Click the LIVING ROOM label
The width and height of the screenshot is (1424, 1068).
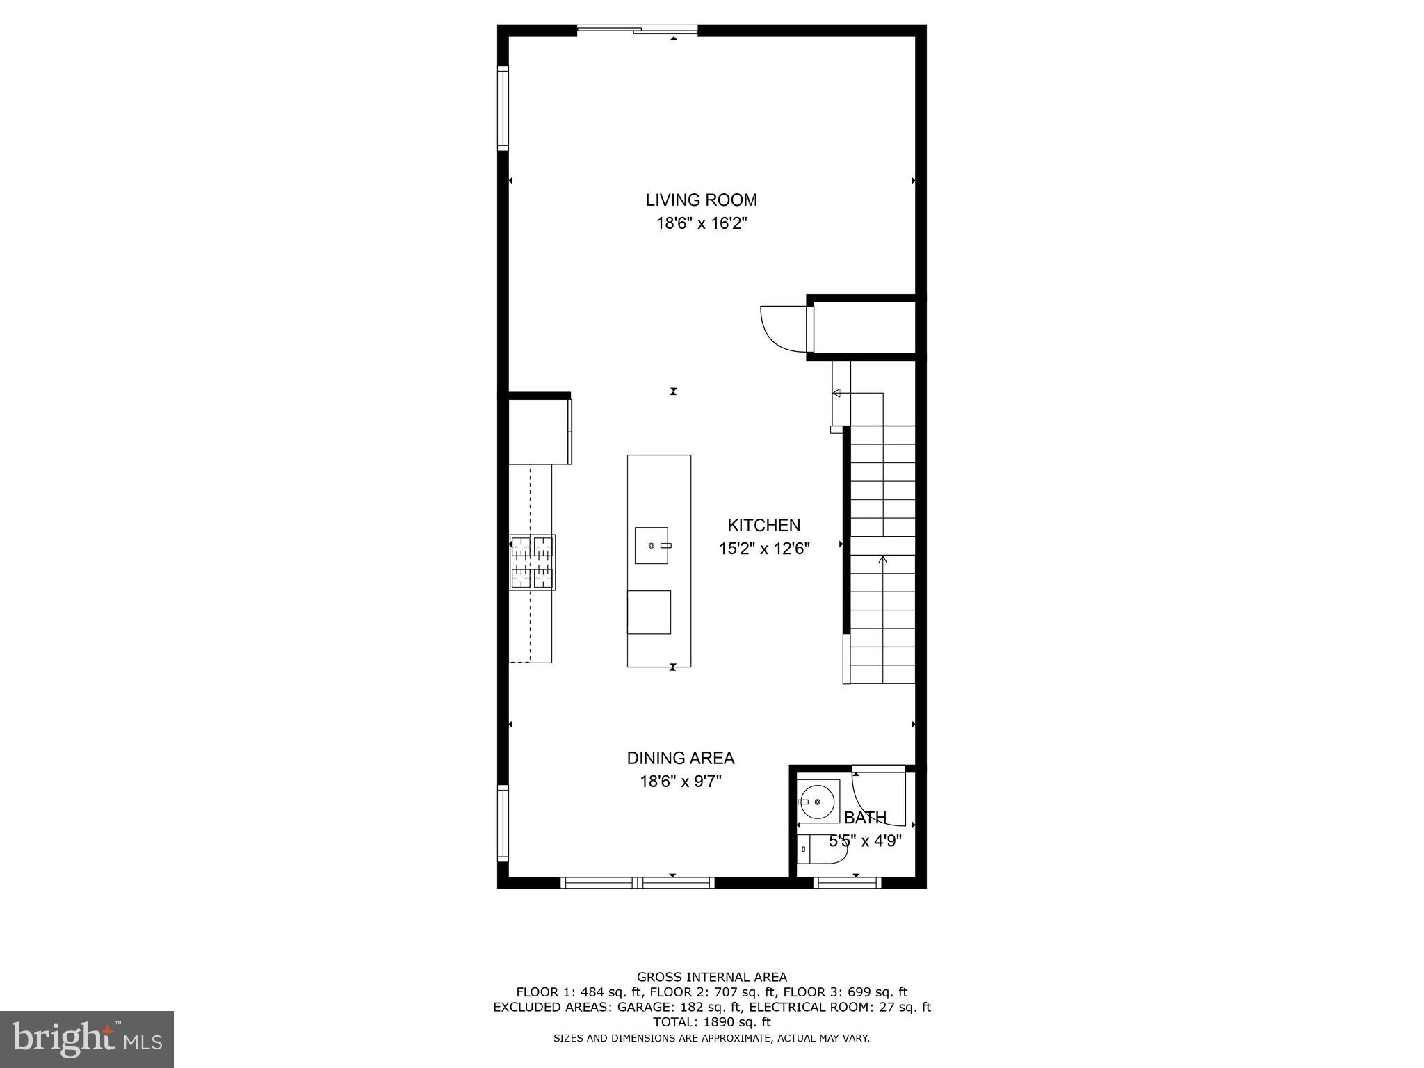click(701, 200)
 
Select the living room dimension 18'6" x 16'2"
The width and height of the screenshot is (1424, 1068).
click(701, 224)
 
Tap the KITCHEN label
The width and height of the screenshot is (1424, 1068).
click(763, 526)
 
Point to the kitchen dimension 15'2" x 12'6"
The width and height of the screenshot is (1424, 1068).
click(763, 549)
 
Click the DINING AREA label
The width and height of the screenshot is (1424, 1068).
click(680, 758)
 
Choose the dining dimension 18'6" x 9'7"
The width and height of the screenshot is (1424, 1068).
click(680, 782)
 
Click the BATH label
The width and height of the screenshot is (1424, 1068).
click(865, 818)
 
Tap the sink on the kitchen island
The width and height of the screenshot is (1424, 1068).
click(652, 546)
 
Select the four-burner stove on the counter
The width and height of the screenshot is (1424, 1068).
click(532, 563)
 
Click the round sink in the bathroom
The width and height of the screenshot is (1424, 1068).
click(818, 802)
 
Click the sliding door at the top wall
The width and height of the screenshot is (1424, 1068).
click(637, 30)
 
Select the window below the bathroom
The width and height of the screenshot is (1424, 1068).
click(847, 883)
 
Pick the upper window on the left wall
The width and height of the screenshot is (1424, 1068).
click(503, 108)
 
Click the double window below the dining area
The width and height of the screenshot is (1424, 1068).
click(637, 883)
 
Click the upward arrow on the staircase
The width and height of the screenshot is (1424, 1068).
click(883, 559)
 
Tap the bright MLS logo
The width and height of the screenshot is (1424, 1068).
click(87, 1039)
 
